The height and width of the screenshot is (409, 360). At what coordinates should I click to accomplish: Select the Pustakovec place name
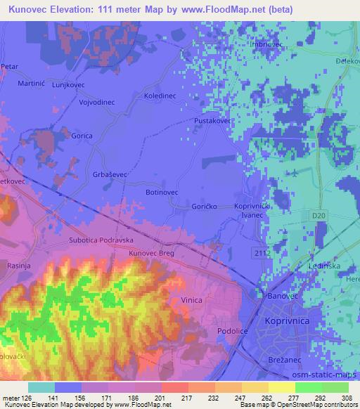pos(213,121)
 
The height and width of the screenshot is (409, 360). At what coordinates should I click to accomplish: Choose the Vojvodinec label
pos(91,102)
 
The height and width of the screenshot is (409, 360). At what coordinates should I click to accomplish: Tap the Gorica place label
pos(82,136)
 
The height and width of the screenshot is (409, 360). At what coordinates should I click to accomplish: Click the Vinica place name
pos(191,300)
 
